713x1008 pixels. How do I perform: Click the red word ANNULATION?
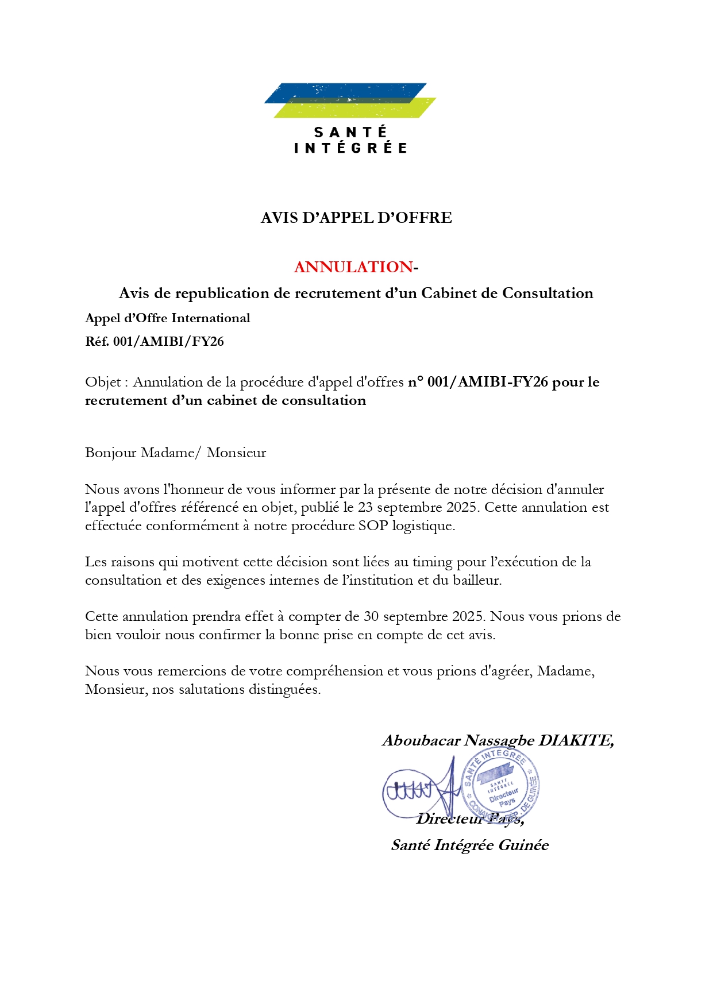353,267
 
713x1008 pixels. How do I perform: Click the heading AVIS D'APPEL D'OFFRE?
356,218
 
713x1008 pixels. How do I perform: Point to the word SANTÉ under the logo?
350,133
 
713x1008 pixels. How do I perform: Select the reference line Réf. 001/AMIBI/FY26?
155,342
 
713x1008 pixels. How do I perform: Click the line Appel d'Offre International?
168,318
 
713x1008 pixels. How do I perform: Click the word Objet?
103,383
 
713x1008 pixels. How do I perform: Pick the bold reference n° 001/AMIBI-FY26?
478,383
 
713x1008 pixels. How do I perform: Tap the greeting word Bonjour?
110,453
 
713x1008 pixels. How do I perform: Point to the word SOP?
373,526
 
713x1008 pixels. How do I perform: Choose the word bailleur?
476,581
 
